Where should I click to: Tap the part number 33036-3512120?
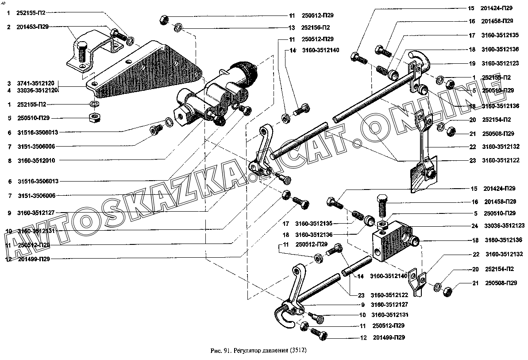tap(37, 90)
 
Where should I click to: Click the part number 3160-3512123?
tap(500, 63)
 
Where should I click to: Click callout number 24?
tap(474, 226)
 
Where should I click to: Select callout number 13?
tap(291, 27)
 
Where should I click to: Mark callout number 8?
tap(9, 160)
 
